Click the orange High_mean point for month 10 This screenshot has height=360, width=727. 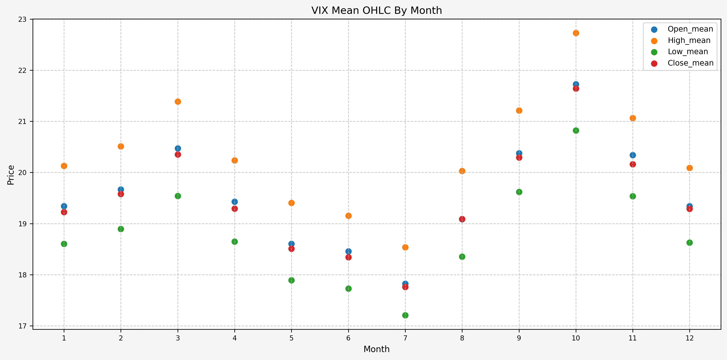coord(576,33)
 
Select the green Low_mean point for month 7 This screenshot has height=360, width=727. coord(405,315)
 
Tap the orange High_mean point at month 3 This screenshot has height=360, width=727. coord(178,102)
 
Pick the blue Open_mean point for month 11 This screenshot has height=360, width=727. coord(633,155)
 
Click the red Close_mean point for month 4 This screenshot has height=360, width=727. coord(235,209)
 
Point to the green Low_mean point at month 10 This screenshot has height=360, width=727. coord(576,130)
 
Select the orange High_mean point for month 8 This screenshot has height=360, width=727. coord(462,171)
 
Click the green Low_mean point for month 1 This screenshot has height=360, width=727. coord(64,244)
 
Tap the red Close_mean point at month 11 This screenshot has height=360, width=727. coord(633,164)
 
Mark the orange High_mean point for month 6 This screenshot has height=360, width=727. coord(348,216)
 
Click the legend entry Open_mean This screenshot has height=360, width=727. coord(690,29)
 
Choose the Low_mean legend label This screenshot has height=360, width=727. coord(687,52)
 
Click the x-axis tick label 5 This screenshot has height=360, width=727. coord(291,338)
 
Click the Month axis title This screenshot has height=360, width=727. coord(377,349)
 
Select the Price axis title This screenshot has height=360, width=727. coord(11,175)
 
